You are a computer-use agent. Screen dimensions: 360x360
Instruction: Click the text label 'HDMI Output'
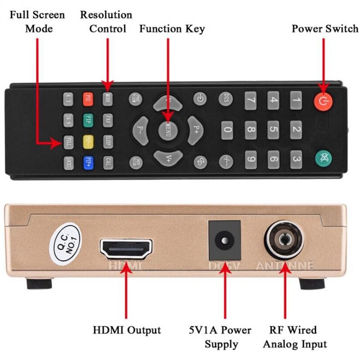[126, 330]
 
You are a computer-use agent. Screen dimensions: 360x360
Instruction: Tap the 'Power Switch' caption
[324, 29]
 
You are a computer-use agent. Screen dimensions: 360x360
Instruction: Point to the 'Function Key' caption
[172, 29]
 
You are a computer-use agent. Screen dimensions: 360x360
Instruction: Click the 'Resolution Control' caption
[106, 22]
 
